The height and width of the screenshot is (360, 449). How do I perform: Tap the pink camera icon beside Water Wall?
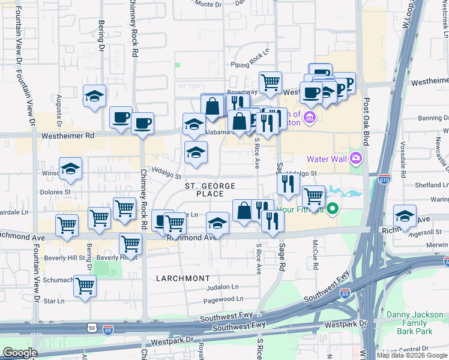click(x=356, y=158)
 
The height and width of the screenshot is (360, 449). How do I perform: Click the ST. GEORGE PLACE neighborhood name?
click(x=204, y=190)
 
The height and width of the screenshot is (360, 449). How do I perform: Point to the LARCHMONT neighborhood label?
click(x=183, y=278)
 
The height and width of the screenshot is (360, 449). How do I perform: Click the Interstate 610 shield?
click(x=384, y=179)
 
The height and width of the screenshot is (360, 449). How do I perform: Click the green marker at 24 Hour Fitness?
click(x=331, y=209)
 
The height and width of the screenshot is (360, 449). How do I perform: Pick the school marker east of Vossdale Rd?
click(x=405, y=215)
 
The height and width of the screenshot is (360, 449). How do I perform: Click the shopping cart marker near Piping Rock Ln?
click(x=271, y=82)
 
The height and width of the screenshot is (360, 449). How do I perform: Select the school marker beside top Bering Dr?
click(x=94, y=96)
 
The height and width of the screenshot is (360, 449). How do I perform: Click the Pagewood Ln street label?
click(x=223, y=298)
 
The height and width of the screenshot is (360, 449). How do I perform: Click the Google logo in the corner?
click(x=20, y=353)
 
